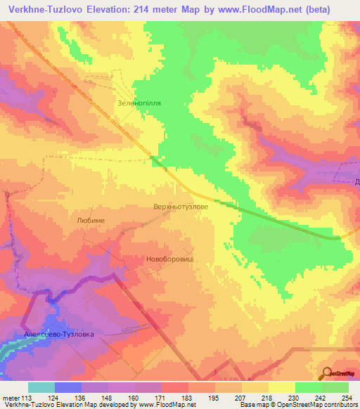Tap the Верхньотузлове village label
[181, 208]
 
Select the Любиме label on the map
[90, 220]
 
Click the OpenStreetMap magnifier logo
[327, 373]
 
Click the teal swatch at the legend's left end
[41, 387]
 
